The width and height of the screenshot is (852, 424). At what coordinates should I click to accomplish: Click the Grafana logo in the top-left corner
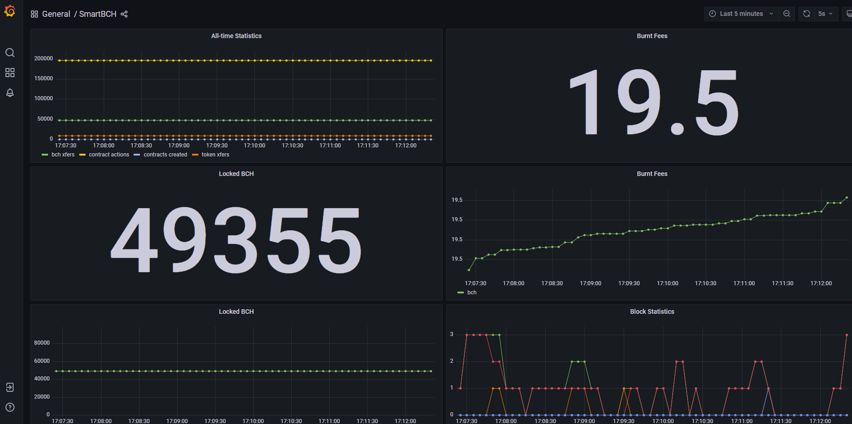click(x=10, y=11)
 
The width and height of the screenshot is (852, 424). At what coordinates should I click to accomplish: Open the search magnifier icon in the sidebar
click(x=10, y=53)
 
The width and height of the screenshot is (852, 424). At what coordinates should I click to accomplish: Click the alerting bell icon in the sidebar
click(x=10, y=93)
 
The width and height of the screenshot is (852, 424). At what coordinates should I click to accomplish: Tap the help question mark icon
click(x=10, y=407)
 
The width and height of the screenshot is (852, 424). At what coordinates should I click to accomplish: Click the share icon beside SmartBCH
click(x=124, y=14)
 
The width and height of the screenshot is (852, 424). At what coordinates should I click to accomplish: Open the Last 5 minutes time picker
click(x=741, y=14)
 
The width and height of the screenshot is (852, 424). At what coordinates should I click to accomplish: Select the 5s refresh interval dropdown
click(x=825, y=14)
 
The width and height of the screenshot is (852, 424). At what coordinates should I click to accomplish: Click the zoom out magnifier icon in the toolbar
click(x=787, y=14)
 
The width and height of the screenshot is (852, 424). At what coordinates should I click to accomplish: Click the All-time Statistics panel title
click(x=236, y=36)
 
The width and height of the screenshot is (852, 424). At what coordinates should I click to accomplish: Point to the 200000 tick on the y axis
click(x=43, y=58)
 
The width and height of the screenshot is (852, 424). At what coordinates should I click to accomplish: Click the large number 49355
click(x=236, y=240)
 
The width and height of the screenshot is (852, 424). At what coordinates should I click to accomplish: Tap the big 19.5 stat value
click(x=654, y=102)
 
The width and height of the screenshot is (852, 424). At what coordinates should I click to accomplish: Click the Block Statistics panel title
click(x=652, y=312)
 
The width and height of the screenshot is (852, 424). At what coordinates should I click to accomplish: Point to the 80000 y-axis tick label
click(x=42, y=343)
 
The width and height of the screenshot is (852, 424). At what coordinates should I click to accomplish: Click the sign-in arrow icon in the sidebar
click(x=10, y=387)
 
